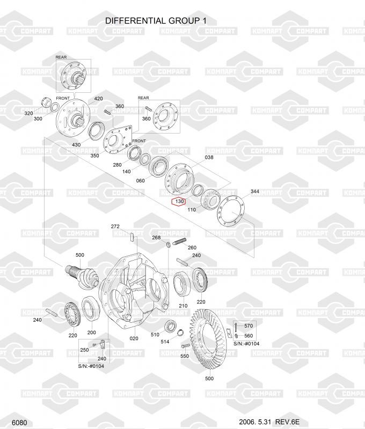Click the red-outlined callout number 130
179,202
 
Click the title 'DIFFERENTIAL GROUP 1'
156,21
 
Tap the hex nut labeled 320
46,102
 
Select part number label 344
254,191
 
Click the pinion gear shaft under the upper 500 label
81,276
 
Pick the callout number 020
134,338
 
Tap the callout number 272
115,226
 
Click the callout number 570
249,326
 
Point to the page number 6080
19,423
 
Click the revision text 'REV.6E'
287,422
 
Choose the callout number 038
209,157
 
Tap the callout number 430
76,145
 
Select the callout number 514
165,342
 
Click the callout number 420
99,99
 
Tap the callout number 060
141,181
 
